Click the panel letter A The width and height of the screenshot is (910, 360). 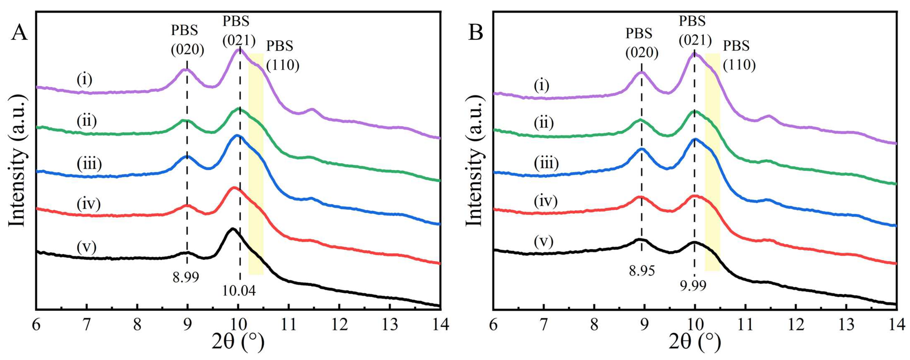[19, 34]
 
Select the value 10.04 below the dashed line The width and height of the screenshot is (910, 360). [239, 291]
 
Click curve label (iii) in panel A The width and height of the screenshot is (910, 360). [89, 164]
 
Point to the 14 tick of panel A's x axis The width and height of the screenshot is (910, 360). [440, 324]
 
